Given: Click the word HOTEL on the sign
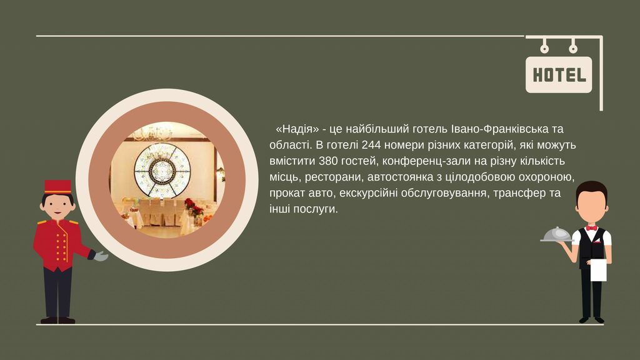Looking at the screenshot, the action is point(559,75).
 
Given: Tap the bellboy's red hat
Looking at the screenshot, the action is point(57,186).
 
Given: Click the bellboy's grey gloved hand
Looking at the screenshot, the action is point(100,256).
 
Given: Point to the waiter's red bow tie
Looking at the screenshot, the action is point(592,227).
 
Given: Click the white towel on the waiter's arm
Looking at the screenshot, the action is point(598,271).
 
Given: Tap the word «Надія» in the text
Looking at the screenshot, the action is point(297,129).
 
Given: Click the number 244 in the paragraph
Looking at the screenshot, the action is point(371,145).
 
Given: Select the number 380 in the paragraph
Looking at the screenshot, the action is point(328,161).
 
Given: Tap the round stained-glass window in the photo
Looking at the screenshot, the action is point(162,170).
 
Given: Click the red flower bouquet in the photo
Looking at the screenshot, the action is point(192,206).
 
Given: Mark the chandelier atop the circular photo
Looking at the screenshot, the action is point(152,132).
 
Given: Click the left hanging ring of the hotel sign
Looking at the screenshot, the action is point(544,49).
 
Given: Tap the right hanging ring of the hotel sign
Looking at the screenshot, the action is point(573,49).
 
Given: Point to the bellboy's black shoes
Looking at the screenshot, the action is point(58,321).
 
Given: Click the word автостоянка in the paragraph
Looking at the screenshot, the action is point(396,177).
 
